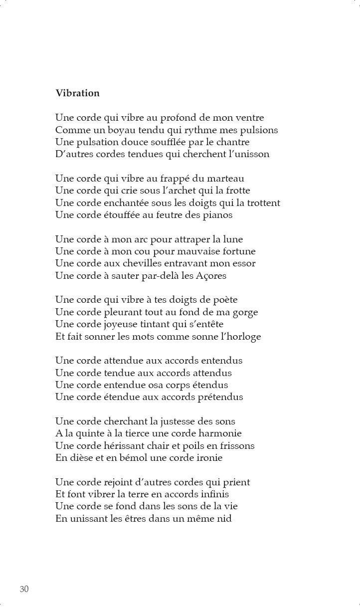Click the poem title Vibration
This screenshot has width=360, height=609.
[77, 93]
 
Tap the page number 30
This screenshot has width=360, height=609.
[24, 589]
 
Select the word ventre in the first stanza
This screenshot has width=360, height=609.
[248, 118]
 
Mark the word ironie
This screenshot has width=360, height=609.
[205, 458]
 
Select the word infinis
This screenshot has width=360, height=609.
[211, 494]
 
